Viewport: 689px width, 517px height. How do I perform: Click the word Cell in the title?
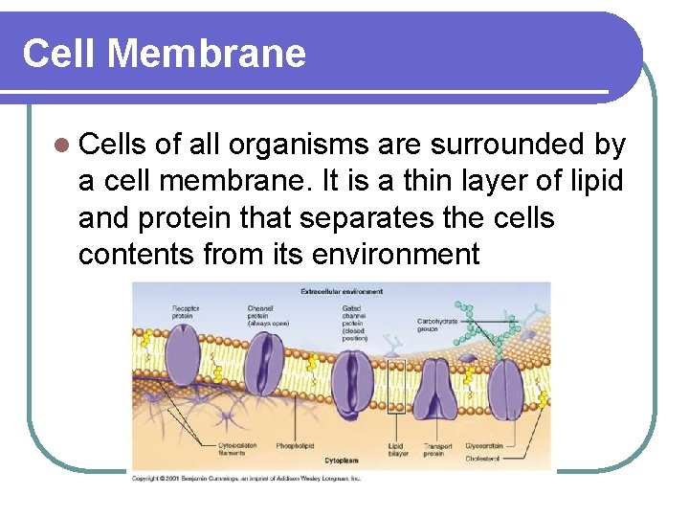coord(59,54)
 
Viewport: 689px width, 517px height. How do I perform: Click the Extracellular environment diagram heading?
coord(342,291)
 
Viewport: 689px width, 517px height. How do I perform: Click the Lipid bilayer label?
coord(397,449)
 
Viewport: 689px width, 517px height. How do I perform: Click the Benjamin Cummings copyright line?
coord(246,478)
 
